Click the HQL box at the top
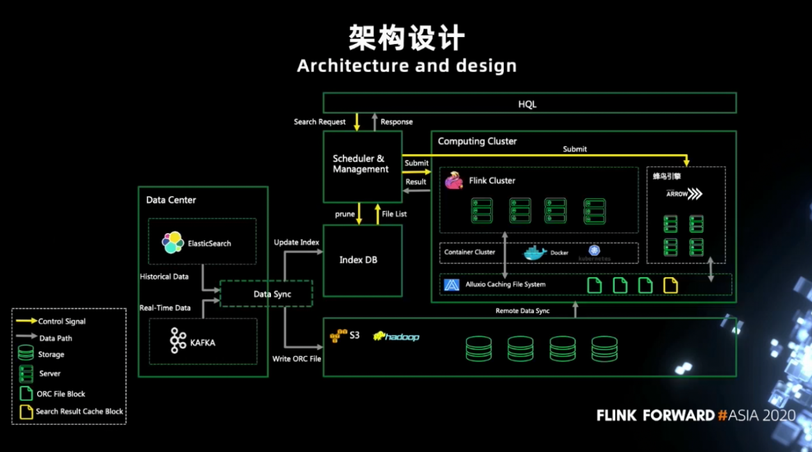point(529,103)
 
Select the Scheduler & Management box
point(362,165)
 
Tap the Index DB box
point(362,260)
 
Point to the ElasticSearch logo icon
point(173,243)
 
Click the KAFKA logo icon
point(178,341)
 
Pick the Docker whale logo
point(535,252)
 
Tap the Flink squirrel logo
point(454,181)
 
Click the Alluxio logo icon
point(452,285)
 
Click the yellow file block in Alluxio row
point(670,285)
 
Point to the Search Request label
point(320,122)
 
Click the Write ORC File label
point(297,359)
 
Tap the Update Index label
point(296,243)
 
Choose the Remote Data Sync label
point(522,311)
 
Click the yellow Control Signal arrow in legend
point(26,321)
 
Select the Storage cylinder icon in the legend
point(26,353)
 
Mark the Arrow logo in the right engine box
point(684,193)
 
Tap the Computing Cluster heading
point(477,141)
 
